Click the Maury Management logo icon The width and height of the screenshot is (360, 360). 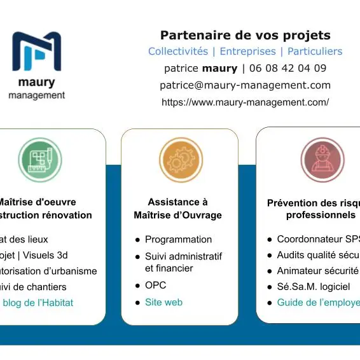tap(37, 52)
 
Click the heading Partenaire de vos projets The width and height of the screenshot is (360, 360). tap(245, 35)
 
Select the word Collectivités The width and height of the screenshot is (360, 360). tap(178, 52)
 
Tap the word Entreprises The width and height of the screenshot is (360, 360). tap(248, 52)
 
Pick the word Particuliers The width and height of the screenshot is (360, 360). tap(315, 52)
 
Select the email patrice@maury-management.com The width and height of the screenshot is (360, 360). tap(245, 85)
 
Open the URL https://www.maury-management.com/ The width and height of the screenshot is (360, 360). tap(245, 102)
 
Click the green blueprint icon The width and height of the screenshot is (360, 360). tap(40, 159)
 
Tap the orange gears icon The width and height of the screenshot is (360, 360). tap(181, 159)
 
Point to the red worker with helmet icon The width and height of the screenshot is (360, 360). tap(322, 159)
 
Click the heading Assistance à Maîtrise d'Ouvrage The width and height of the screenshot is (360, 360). tap(178, 209)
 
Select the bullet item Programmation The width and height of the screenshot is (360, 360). tap(178, 240)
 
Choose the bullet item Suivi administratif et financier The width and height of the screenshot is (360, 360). tap(183, 262)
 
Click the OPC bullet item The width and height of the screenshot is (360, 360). tap(155, 285)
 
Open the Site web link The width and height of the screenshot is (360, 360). tap(163, 302)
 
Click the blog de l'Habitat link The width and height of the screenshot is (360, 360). tap(38, 303)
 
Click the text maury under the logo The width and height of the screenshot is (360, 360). tap(36, 83)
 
